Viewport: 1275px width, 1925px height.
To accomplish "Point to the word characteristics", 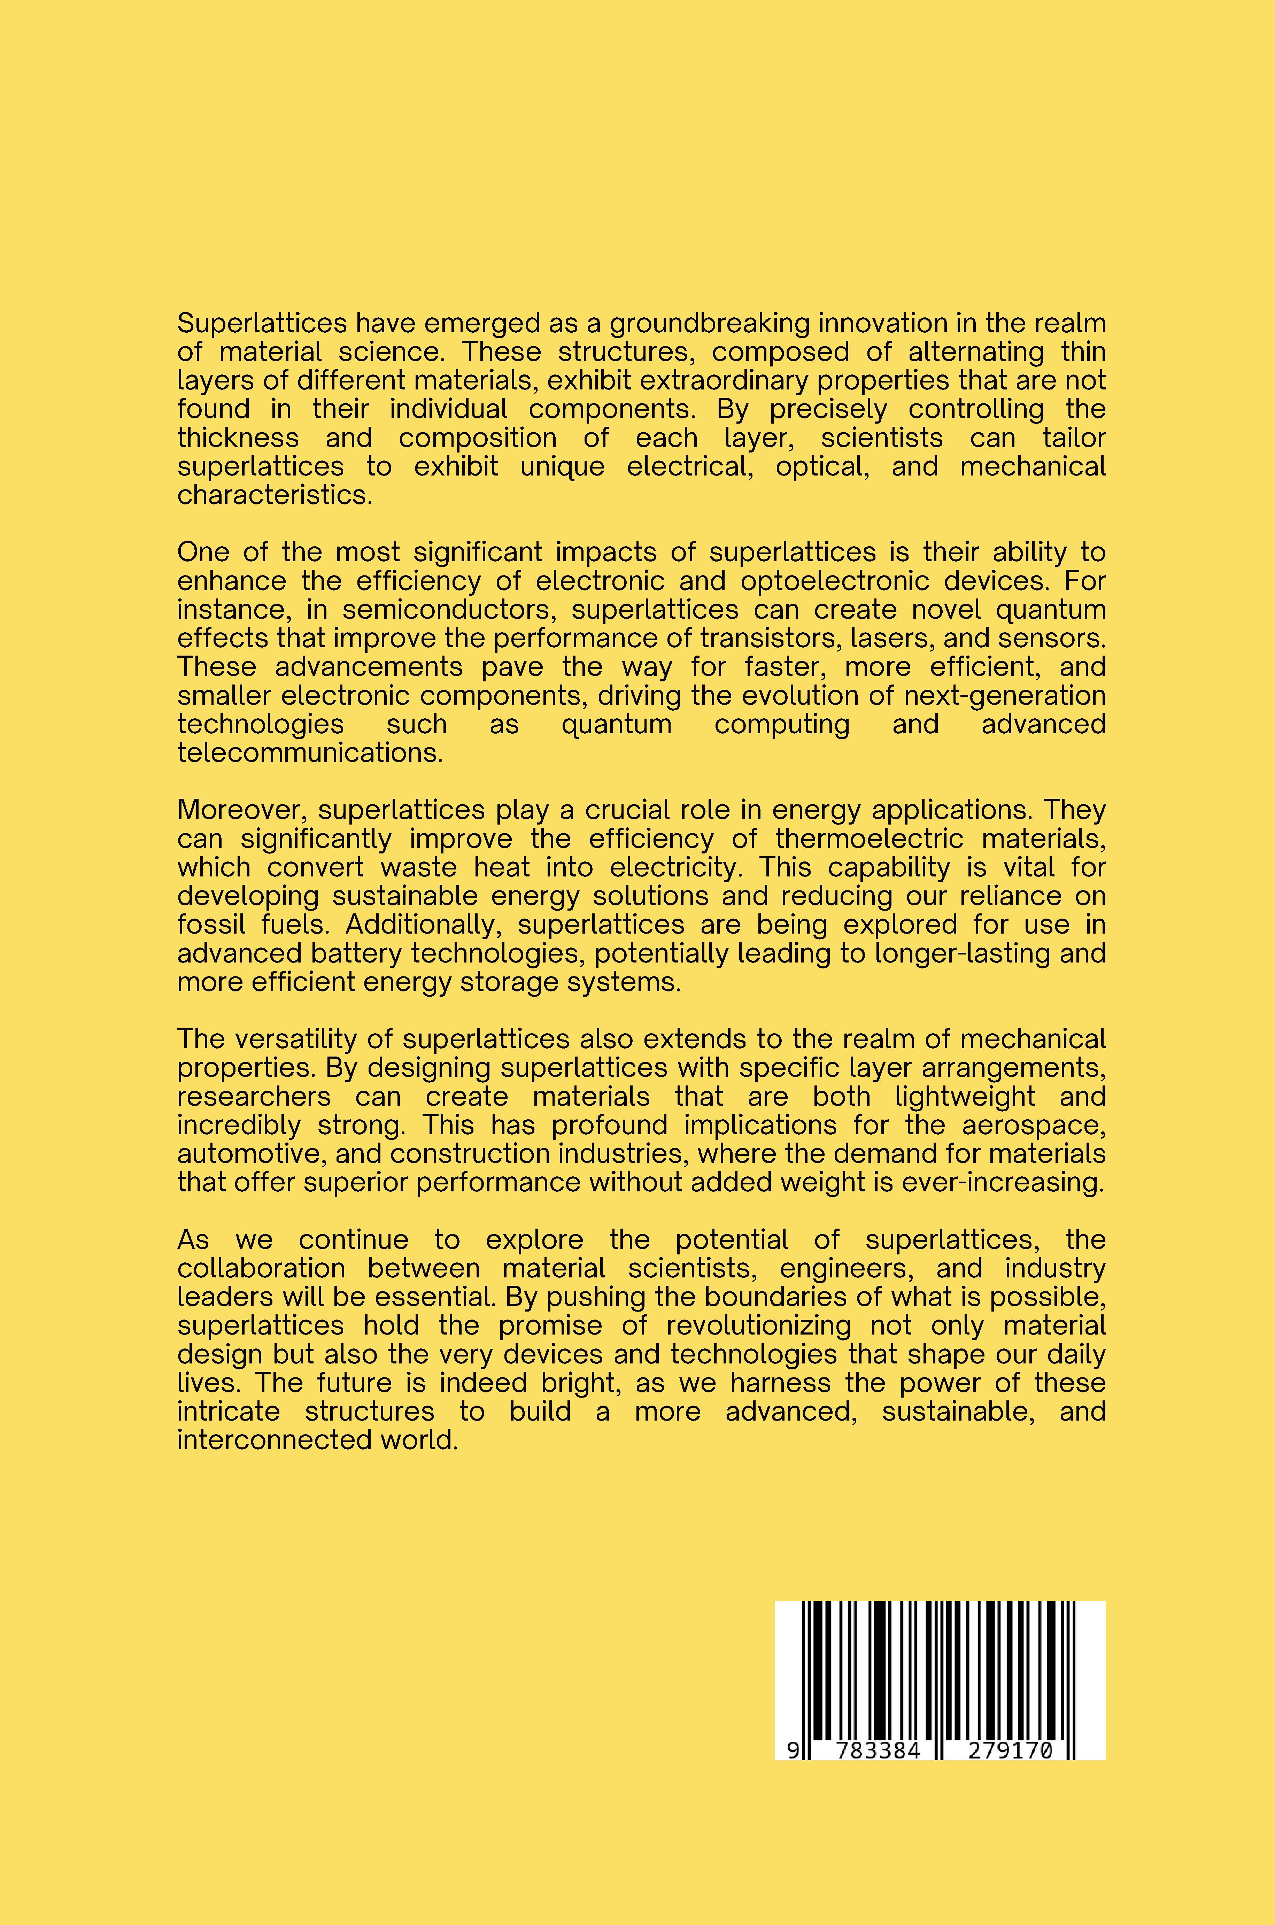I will point(274,495).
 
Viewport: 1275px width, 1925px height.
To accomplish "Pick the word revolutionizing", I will point(759,1325).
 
